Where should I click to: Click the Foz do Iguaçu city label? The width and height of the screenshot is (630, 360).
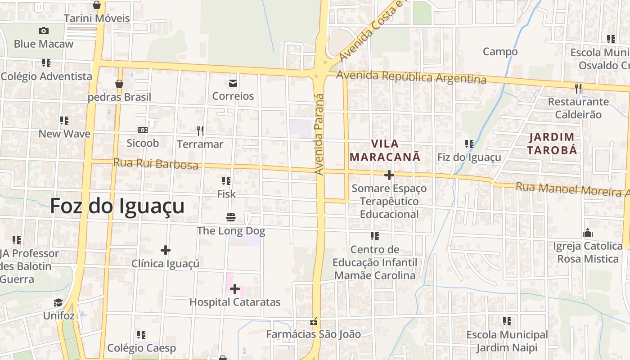(x=117, y=206)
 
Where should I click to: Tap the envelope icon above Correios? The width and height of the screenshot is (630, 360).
(x=233, y=83)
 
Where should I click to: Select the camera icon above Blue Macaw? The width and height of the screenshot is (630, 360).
(x=43, y=31)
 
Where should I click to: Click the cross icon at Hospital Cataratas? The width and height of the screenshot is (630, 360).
(x=235, y=289)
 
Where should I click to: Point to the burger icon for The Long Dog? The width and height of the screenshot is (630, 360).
(x=231, y=218)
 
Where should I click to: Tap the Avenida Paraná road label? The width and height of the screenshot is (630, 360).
(x=319, y=134)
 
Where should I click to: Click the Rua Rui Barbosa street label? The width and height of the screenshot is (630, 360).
(x=155, y=163)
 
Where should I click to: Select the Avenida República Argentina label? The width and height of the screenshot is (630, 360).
(x=411, y=77)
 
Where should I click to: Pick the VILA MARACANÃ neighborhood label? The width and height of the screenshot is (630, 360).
(x=385, y=150)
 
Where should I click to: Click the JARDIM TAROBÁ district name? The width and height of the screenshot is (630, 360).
(x=552, y=144)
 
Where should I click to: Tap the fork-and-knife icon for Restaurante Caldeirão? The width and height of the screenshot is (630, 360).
(x=578, y=89)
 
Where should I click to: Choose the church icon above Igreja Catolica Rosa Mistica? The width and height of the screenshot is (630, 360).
(x=587, y=233)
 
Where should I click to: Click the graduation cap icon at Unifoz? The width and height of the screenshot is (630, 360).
(x=58, y=302)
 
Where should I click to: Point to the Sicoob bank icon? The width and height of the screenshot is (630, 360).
(x=143, y=130)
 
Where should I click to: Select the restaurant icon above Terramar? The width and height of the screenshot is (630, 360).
(x=200, y=131)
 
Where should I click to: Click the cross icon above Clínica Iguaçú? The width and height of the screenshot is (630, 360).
(x=166, y=250)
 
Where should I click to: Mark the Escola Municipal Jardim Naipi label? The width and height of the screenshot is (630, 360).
(x=507, y=341)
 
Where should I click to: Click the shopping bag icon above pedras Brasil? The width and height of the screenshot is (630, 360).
(x=119, y=84)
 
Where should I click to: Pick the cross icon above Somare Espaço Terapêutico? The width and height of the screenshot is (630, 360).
(x=389, y=175)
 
